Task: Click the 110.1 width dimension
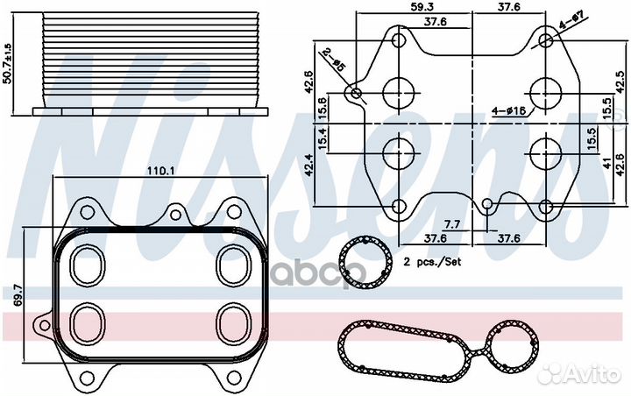tap(160, 172)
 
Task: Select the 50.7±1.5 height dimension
tap(8, 63)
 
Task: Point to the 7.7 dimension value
tap(452, 224)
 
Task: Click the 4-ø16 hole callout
tap(509, 110)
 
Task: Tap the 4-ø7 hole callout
tap(571, 20)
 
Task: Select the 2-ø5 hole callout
tap(334, 60)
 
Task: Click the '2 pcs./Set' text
tap(433, 262)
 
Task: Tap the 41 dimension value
tap(607, 163)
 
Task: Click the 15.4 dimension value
tap(323, 138)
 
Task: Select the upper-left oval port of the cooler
tap(88, 265)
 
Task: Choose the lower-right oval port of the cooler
tap(234, 322)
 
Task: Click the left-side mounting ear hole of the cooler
tap(45, 324)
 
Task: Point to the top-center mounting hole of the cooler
tap(175, 215)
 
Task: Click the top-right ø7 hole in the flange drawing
tap(545, 40)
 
